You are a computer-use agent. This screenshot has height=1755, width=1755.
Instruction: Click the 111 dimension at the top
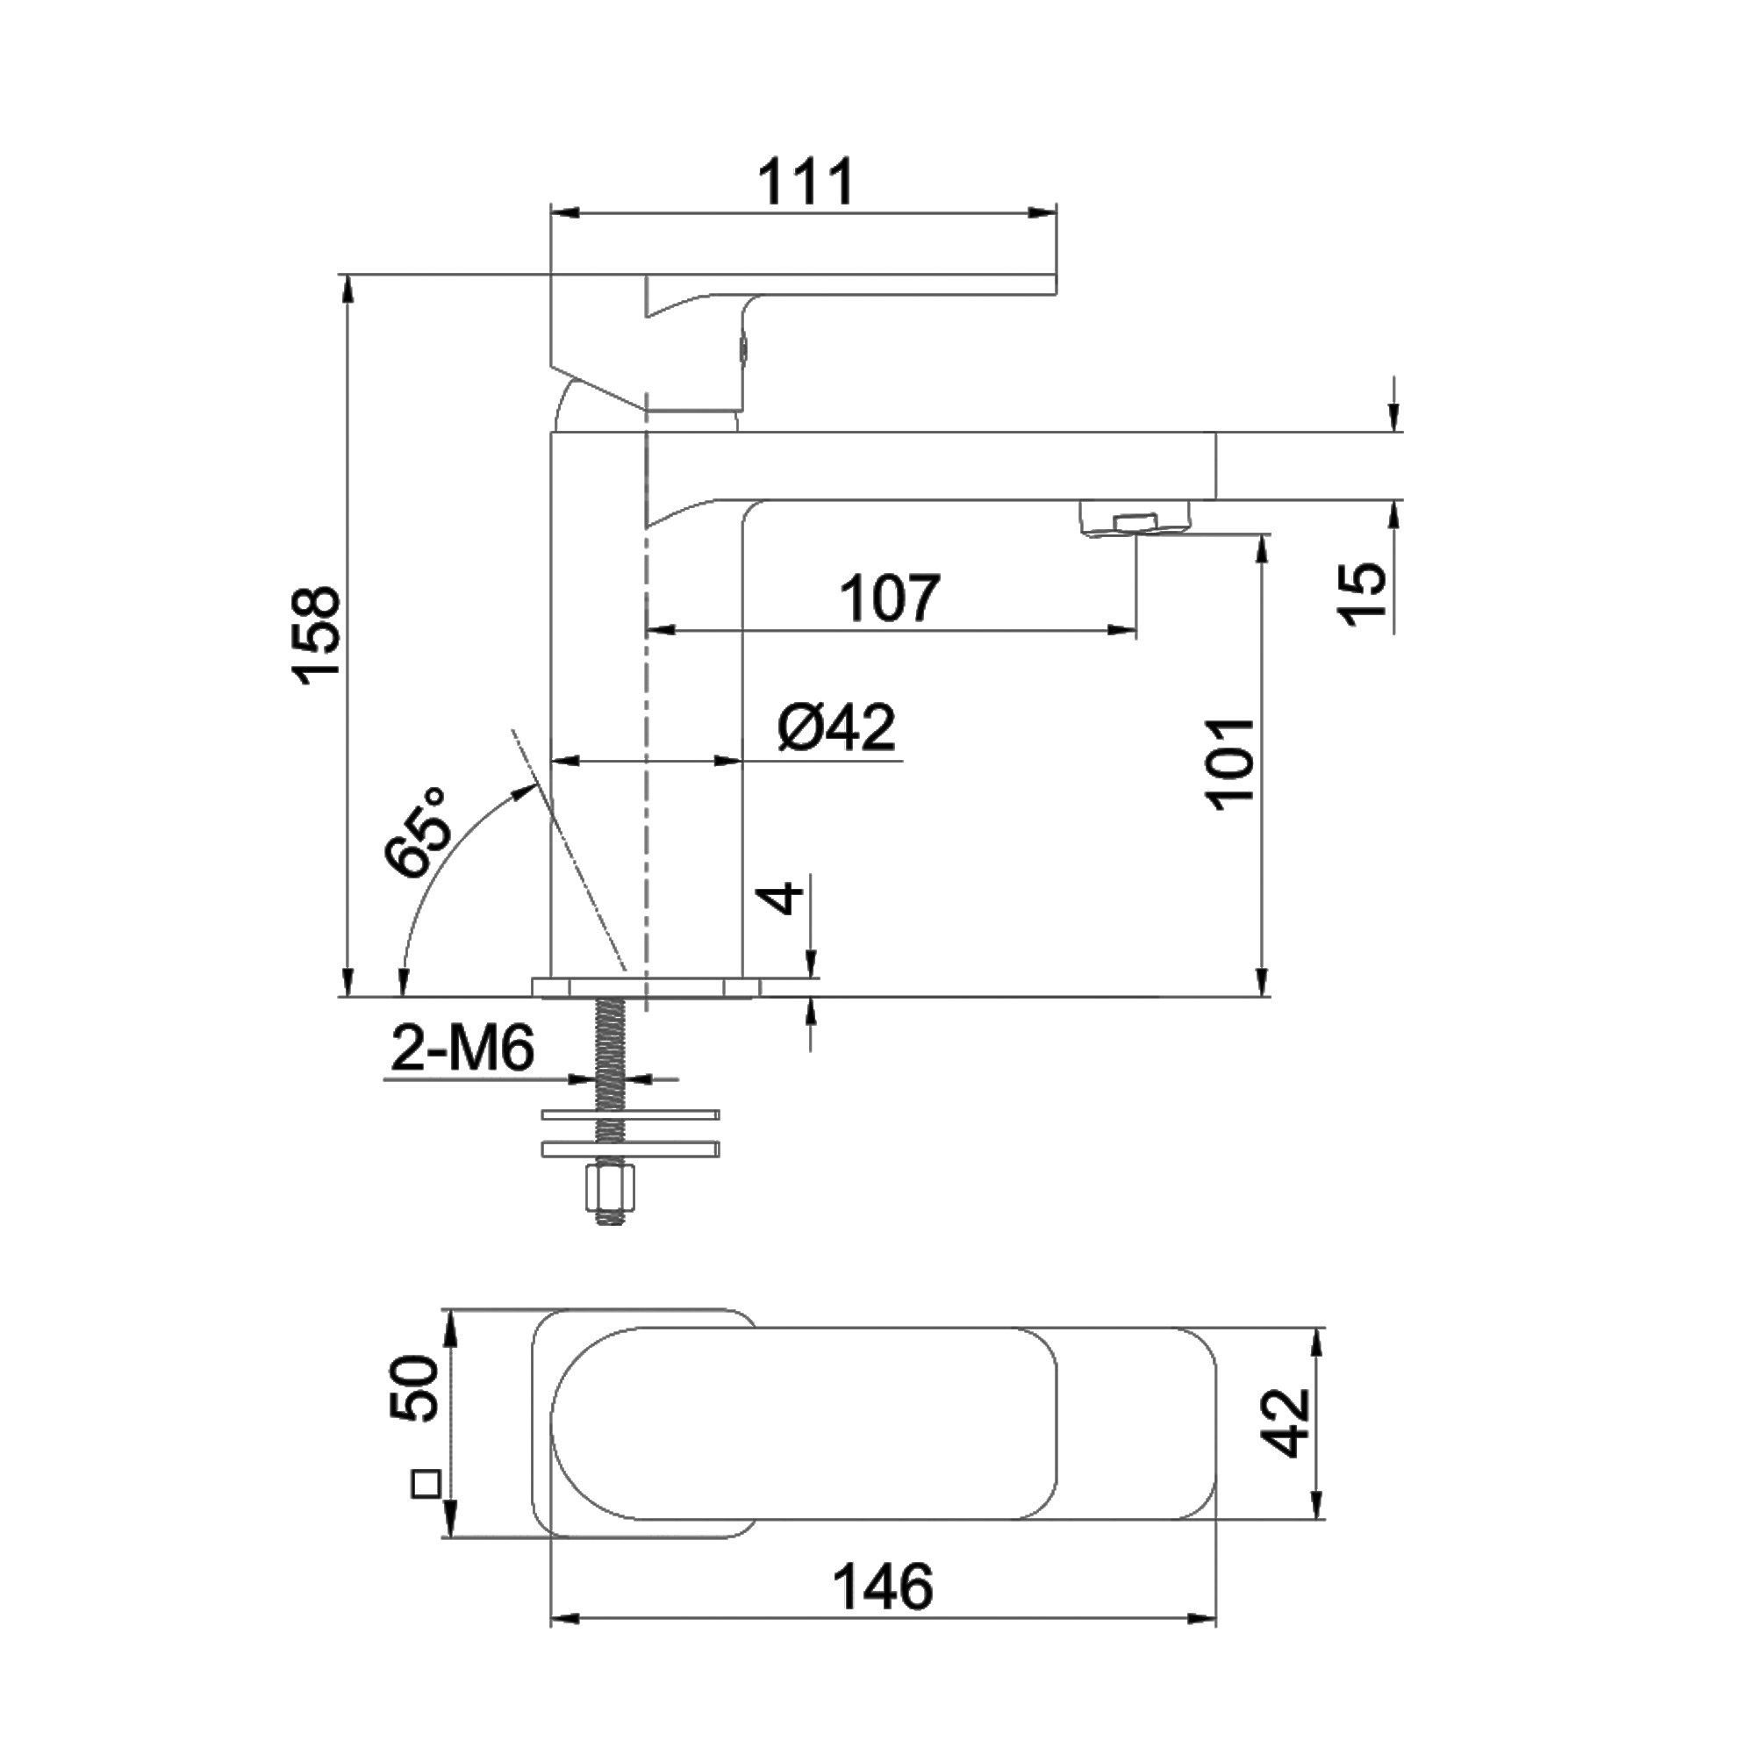click(806, 183)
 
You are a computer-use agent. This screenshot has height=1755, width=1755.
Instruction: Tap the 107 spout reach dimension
click(889, 598)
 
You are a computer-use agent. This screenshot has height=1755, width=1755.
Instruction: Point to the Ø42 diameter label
click(836, 727)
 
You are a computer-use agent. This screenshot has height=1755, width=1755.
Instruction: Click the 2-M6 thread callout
click(462, 1050)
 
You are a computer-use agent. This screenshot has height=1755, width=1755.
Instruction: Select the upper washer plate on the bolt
click(629, 1114)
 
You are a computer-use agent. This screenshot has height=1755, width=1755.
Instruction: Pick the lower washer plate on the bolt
click(629, 1150)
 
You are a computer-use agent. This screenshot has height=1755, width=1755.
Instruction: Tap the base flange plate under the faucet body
click(647, 988)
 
